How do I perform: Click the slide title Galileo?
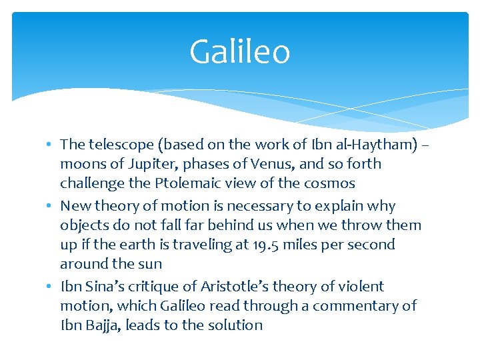[239, 52]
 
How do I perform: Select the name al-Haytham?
[377, 144]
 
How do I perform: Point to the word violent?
[361, 287]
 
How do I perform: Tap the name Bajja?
[101, 325]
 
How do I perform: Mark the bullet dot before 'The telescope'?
[51, 145]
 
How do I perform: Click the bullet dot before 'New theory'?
[51, 207]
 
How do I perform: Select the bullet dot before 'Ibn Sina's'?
[51, 287]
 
